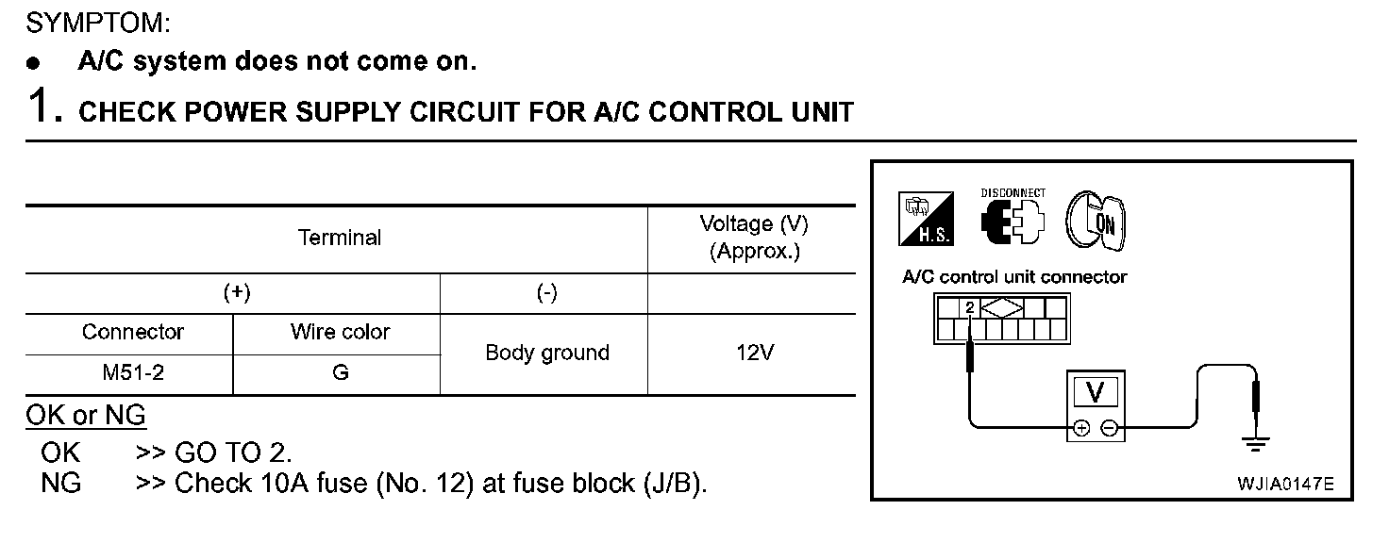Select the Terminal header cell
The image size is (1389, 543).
(x=340, y=239)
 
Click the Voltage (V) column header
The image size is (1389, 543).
(x=753, y=238)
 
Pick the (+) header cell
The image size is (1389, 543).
(x=237, y=293)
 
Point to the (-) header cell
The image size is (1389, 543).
(x=546, y=293)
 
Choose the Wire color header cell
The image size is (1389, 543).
(x=340, y=333)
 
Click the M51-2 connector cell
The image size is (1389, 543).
(x=133, y=373)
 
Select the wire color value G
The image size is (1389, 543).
(x=340, y=373)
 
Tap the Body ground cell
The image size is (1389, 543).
(x=546, y=354)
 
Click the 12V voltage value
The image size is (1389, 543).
(x=753, y=354)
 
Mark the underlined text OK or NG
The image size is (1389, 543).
(x=86, y=415)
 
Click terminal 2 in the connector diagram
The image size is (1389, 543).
(x=969, y=307)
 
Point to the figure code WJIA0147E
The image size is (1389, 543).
(x=1284, y=485)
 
